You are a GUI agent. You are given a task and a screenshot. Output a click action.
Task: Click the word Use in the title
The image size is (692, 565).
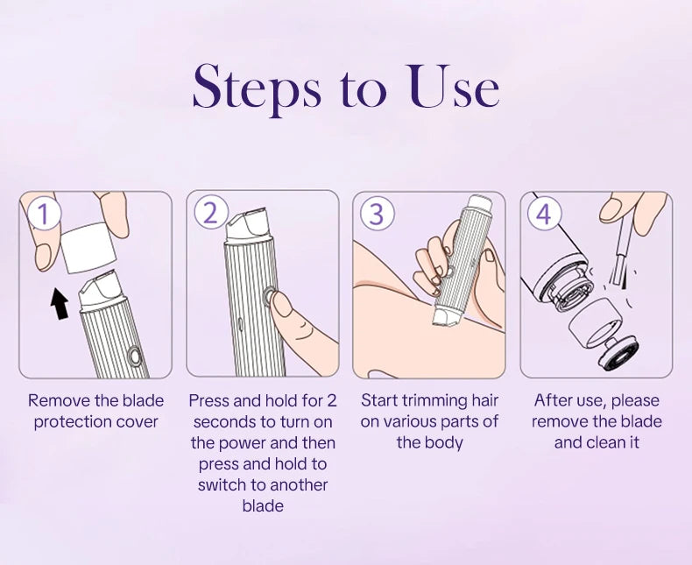454,88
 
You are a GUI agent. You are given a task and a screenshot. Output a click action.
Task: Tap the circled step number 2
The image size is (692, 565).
210,213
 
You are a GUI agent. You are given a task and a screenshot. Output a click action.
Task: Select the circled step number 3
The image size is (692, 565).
377,213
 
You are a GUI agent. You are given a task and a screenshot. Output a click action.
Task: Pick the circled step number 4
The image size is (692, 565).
543,214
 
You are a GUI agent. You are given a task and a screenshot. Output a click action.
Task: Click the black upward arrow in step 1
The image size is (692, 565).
60,303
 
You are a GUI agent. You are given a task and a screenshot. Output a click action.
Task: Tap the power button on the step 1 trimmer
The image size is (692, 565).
133,357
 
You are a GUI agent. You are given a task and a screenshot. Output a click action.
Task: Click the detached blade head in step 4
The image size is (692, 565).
604,336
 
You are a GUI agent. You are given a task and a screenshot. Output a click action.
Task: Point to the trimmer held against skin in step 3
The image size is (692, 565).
459,272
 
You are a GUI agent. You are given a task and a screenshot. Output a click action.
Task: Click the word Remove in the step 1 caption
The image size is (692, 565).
58,400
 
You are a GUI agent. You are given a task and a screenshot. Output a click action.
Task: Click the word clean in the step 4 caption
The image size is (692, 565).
605,442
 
